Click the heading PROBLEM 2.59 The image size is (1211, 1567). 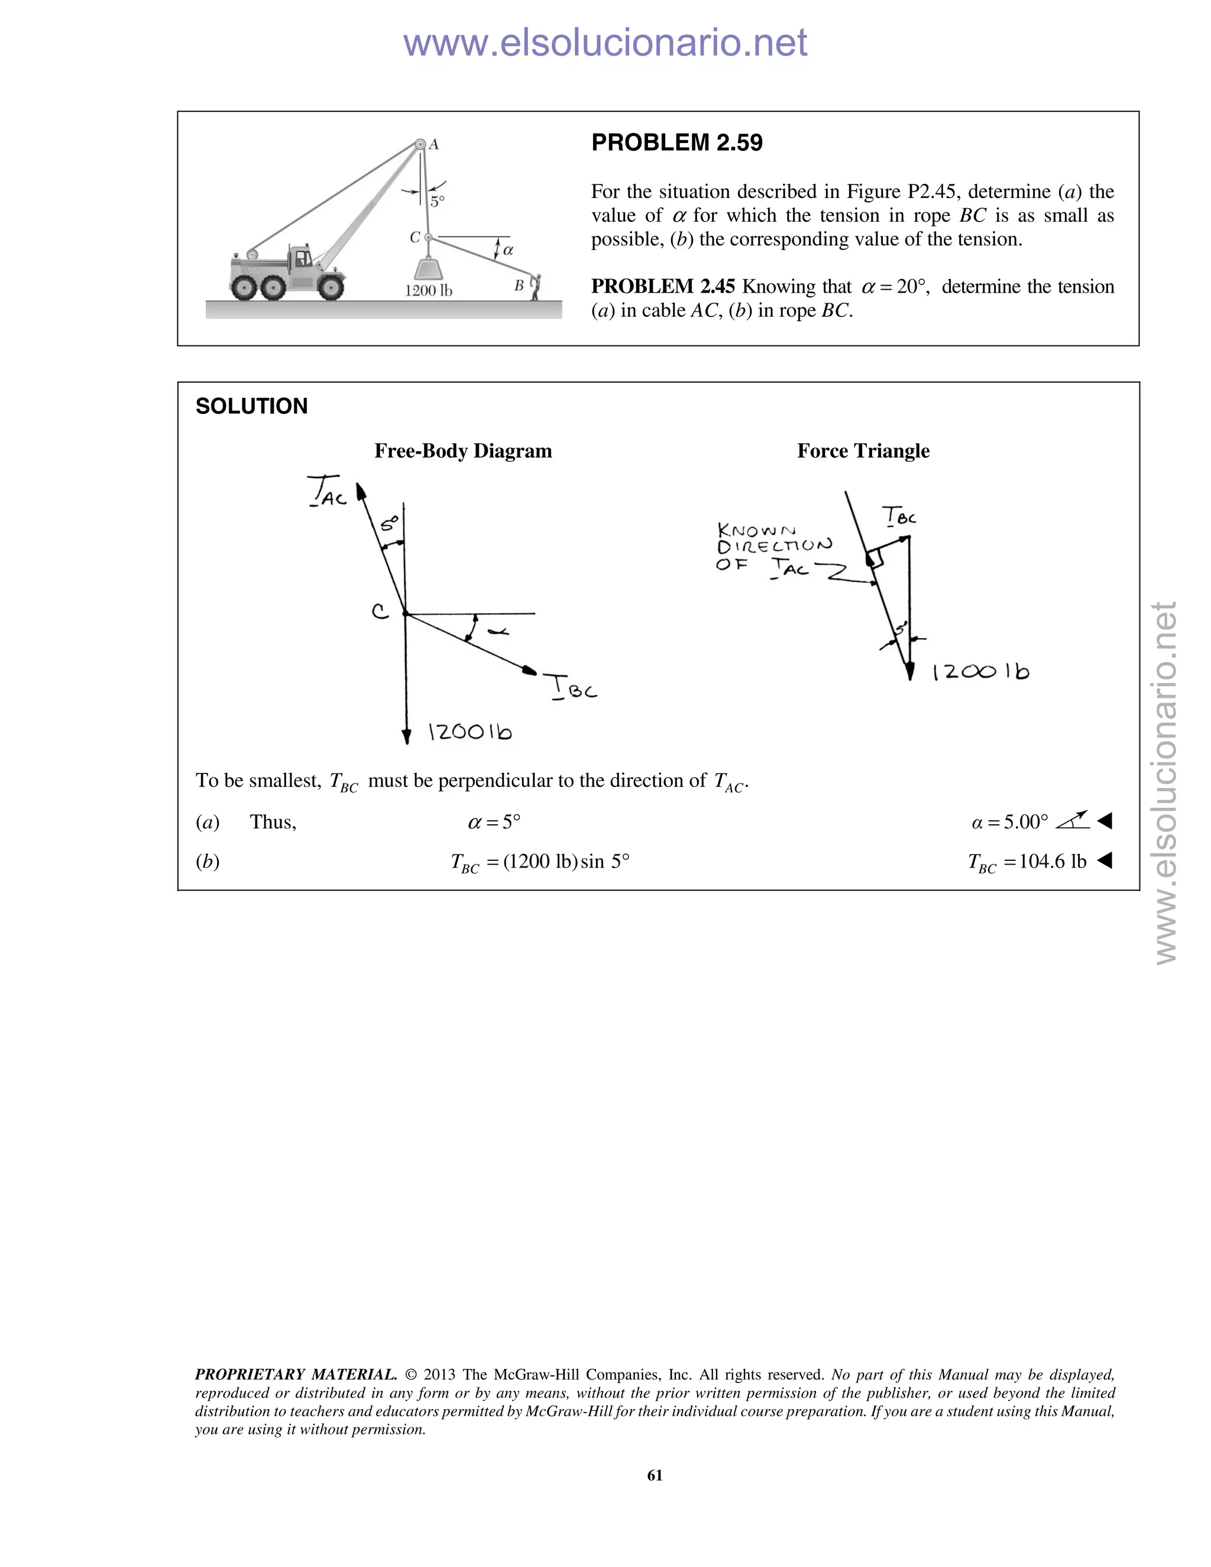pos(676,143)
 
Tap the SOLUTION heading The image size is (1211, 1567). pos(251,406)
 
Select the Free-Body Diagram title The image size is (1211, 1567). pos(463,451)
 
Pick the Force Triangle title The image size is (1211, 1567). pos(863,451)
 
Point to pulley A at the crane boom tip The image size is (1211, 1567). pos(420,145)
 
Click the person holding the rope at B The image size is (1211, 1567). pos(535,286)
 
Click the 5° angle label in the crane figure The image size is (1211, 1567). pos(437,202)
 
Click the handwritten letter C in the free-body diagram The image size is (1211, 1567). pos(380,611)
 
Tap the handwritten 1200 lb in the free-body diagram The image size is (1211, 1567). pos(470,732)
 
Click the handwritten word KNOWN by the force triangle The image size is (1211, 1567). pos(756,530)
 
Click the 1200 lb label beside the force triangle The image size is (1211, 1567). pos(981,672)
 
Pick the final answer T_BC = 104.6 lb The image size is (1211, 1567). pos(1027,862)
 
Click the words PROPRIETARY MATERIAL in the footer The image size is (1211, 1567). pos(296,1375)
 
